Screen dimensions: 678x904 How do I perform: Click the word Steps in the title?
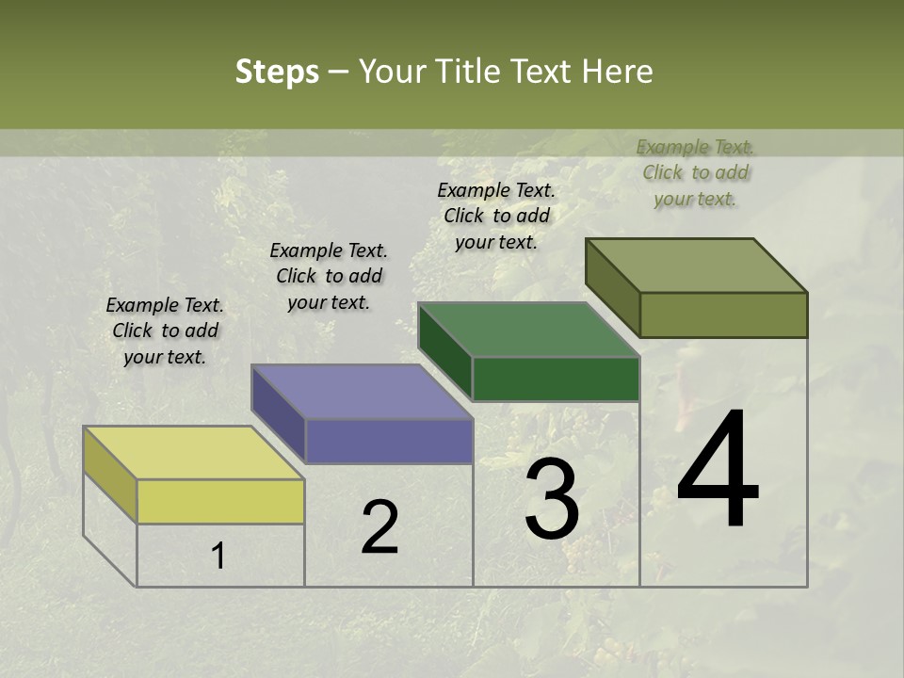coord(277,72)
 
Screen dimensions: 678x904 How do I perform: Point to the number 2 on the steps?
coord(380,527)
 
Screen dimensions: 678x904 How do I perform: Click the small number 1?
coord(218,556)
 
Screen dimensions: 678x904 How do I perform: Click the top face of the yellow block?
coord(194,453)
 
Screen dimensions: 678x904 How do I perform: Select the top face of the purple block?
coord(362,392)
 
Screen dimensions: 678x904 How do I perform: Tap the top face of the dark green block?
coord(528,330)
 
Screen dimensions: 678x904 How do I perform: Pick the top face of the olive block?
coord(696,266)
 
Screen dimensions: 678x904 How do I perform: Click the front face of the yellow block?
coord(220,501)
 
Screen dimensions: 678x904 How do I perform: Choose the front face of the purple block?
coord(389,441)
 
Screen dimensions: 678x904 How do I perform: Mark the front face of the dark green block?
coord(556,379)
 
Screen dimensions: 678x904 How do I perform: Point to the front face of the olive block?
coord(723,315)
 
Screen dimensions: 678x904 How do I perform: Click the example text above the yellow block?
coord(166,331)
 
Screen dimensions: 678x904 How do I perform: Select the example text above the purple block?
coord(329,277)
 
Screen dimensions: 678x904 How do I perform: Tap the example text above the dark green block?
coord(496,216)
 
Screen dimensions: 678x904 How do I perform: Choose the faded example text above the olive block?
coord(695,172)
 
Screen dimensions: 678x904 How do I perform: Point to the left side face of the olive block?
coord(612,286)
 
